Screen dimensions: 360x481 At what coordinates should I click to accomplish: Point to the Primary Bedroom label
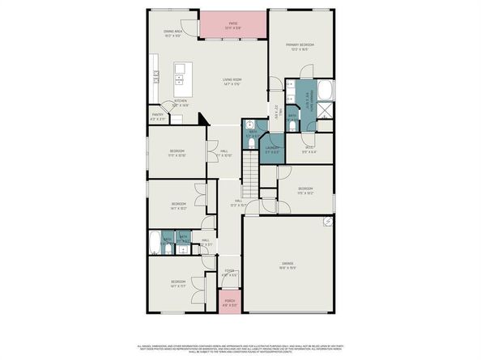(298, 46)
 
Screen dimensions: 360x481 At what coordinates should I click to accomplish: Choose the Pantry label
(158, 117)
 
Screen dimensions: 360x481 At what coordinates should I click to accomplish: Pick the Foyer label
(230, 273)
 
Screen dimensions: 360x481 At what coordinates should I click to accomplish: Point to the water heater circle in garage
(328, 220)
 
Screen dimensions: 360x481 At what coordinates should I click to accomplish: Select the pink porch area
(231, 304)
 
